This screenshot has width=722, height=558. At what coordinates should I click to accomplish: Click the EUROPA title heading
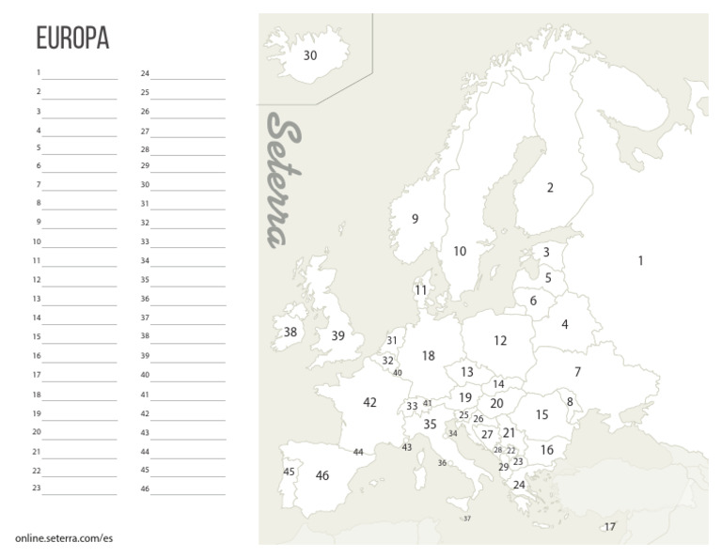point(72,38)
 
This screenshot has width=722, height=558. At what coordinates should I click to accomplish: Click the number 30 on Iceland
point(310,55)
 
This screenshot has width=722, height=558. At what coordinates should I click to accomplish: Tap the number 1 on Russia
point(640,260)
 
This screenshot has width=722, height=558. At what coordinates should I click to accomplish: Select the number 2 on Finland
point(550,187)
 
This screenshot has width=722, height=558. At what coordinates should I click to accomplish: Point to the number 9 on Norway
point(415,219)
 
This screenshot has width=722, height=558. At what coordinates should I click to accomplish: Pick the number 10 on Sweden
point(460,251)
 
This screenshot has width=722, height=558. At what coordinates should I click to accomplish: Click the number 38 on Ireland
point(290,332)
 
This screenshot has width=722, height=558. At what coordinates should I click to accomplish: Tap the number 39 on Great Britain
point(338,335)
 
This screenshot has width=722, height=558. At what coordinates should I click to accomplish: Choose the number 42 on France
point(369,402)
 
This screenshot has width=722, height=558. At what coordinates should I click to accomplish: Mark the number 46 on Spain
point(322,475)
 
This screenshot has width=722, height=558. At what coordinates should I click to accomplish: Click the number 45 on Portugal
point(289,472)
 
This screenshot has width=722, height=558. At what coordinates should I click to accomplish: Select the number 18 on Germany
point(428,356)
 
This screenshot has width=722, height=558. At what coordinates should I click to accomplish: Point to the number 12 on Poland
point(500,341)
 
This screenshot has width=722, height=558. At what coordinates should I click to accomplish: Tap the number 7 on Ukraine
point(577,371)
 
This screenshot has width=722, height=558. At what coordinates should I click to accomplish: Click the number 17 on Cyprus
point(610,526)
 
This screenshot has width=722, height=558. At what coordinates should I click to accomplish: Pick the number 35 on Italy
point(430,425)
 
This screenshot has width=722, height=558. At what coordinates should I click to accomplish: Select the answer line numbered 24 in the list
point(188,76)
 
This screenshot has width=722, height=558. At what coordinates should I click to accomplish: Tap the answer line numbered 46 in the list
point(188,491)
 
